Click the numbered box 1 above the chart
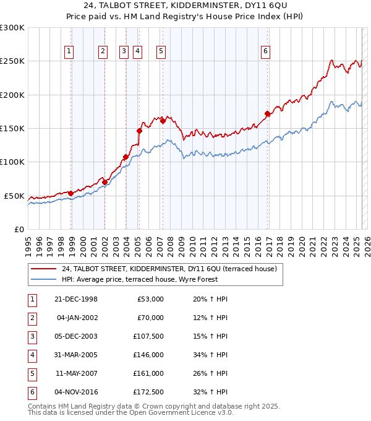coord(69,51)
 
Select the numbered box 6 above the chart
coord(265,51)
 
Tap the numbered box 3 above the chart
coord(124,51)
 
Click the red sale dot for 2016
coord(268,113)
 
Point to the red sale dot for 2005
coord(140,131)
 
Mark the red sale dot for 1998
coord(71,193)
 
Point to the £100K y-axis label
coord(12,162)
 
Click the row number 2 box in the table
coord(32,318)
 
